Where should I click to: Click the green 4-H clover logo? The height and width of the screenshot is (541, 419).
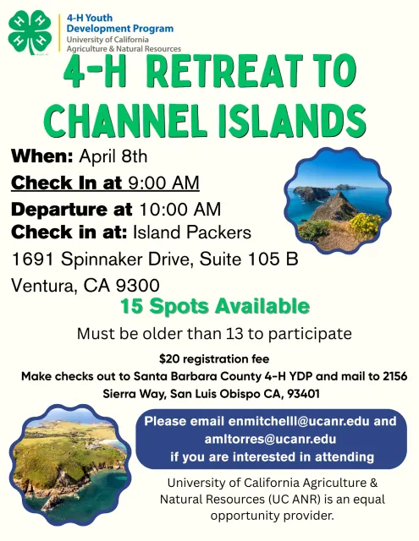tap(30, 32)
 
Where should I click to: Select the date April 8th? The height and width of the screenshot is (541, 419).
tap(113, 157)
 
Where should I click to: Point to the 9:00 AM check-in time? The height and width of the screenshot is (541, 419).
tap(163, 183)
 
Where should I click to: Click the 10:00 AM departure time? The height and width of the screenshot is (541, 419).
tap(179, 209)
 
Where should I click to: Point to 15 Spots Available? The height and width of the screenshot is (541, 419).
tap(214, 306)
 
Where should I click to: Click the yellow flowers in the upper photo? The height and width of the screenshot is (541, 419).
tap(365, 224)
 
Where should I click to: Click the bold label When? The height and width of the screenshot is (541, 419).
tap(42, 157)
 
